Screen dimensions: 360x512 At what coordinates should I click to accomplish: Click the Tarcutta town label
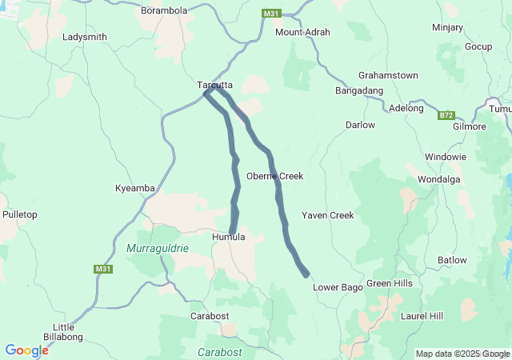215,84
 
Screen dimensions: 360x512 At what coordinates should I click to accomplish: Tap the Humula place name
228,238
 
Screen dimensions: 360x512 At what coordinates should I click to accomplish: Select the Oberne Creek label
274,176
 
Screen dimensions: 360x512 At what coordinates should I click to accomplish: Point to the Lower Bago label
338,286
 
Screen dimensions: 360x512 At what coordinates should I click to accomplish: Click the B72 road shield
446,116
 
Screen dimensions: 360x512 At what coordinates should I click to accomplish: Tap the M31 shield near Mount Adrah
270,14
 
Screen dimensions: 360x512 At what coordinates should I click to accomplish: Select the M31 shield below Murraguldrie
103,269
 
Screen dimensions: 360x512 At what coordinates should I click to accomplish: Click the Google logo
26,350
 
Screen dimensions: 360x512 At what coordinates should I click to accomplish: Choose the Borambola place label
164,11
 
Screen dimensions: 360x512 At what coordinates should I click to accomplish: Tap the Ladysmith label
84,38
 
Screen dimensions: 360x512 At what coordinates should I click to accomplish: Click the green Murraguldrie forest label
158,249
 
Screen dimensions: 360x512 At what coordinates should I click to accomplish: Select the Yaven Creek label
327,215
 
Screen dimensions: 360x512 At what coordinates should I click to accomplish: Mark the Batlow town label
452,260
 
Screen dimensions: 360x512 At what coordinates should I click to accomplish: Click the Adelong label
406,108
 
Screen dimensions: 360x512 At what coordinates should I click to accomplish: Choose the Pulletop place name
20,215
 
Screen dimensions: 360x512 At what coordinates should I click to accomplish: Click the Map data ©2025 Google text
462,354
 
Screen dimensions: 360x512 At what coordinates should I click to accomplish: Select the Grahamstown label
388,75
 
